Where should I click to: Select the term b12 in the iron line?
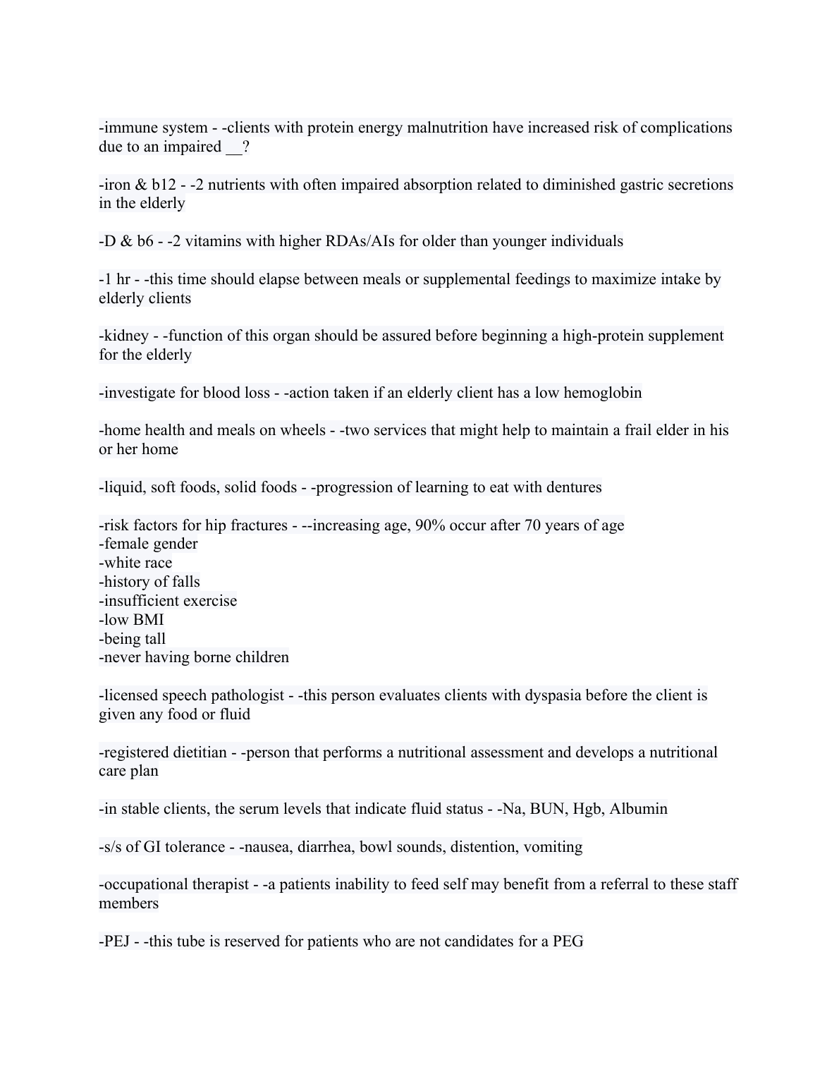[164, 185]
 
